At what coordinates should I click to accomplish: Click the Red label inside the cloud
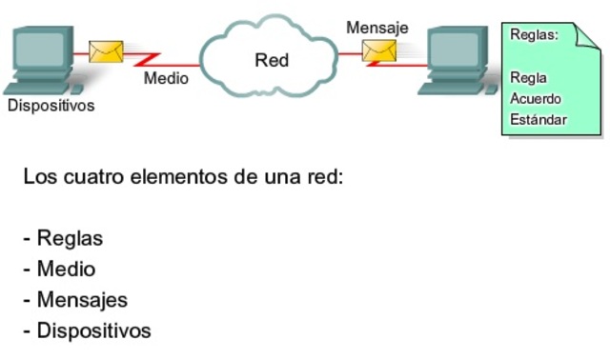[x=272, y=61]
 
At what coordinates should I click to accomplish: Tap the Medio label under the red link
[x=166, y=78]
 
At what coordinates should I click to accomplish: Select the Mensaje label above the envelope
[x=376, y=28]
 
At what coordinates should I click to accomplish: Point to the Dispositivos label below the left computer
[x=51, y=106]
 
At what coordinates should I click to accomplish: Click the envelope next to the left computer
[x=105, y=50]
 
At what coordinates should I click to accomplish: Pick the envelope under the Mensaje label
[x=378, y=50]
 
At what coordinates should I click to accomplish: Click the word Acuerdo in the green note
[x=536, y=99]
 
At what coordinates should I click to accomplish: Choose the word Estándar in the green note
[x=539, y=120]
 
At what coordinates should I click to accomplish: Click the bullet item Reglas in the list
[x=69, y=238]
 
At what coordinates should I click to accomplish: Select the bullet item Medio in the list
[x=66, y=270]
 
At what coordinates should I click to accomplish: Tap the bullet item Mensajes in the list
[x=81, y=300]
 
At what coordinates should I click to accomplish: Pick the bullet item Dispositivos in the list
[x=93, y=331]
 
